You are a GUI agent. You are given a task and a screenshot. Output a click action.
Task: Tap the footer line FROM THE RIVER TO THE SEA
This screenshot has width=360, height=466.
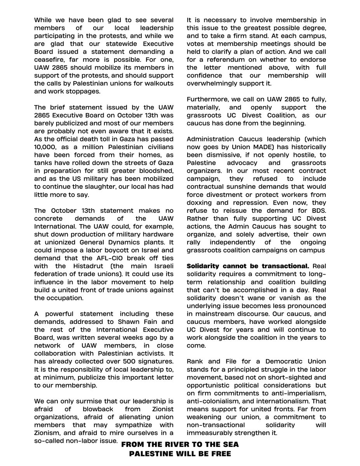tap(180, 444)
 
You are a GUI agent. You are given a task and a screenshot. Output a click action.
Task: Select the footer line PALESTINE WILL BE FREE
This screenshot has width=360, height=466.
tap(180, 454)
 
